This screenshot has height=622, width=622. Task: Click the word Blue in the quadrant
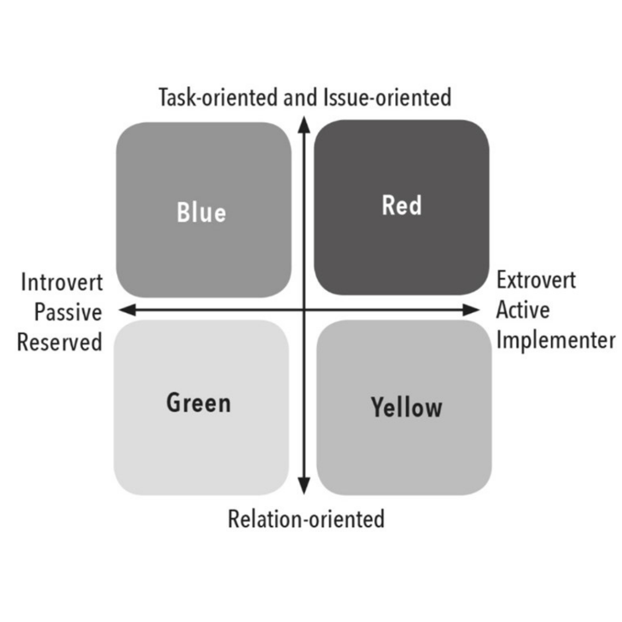201,212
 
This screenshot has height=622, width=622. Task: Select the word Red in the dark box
401,205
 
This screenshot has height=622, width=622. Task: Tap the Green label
198,403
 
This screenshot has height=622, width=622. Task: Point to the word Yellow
407,407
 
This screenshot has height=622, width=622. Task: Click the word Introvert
62,282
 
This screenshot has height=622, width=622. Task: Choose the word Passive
68,312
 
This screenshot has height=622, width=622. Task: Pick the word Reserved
59,342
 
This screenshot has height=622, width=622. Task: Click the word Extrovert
536,280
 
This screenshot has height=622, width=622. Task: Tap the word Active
523,310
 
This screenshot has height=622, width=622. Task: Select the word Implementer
556,340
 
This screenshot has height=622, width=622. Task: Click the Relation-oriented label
306,518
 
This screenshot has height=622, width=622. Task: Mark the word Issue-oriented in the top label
388,97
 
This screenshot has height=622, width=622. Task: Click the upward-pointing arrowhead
304,125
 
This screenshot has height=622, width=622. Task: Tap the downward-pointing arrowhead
304,486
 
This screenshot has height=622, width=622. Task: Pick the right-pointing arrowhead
471,310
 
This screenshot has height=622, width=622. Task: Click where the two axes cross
304,310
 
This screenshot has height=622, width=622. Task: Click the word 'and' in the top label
300,97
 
